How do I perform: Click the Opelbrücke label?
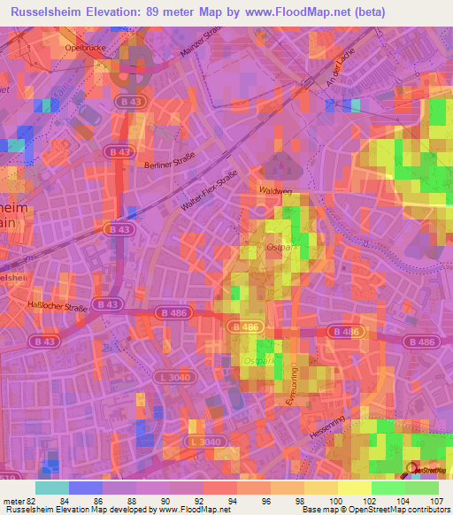tap(86, 48)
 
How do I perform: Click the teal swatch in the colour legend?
tap(51, 488)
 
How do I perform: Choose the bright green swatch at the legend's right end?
tap(421, 488)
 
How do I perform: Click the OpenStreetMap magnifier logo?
tap(411, 469)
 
